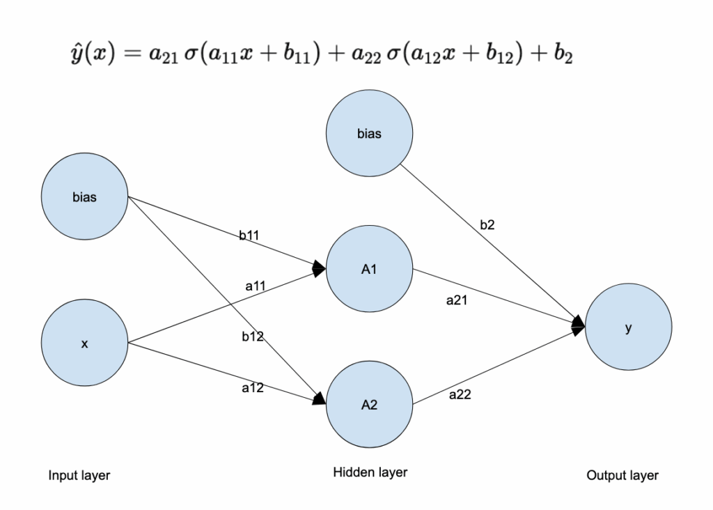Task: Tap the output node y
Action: pyautogui.click(x=628, y=328)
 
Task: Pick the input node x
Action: pyautogui.click(x=84, y=343)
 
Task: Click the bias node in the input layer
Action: pyautogui.click(x=84, y=197)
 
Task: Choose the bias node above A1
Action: pyautogui.click(x=369, y=134)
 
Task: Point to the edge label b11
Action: pyautogui.click(x=249, y=235)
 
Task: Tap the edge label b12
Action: pyautogui.click(x=252, y=337)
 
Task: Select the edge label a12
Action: pyautogui.click(x=252, y=387)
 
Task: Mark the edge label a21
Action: pyautogui.click(x=457, y=302)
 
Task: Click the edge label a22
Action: pyautogui.click(x=460, y=394)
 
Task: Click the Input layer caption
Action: pyautogui.click(x=79, y=476)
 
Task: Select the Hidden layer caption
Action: pyautogui.click(x=370, y=473)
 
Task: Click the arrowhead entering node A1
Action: pyautogui.click(x=320, y=268)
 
